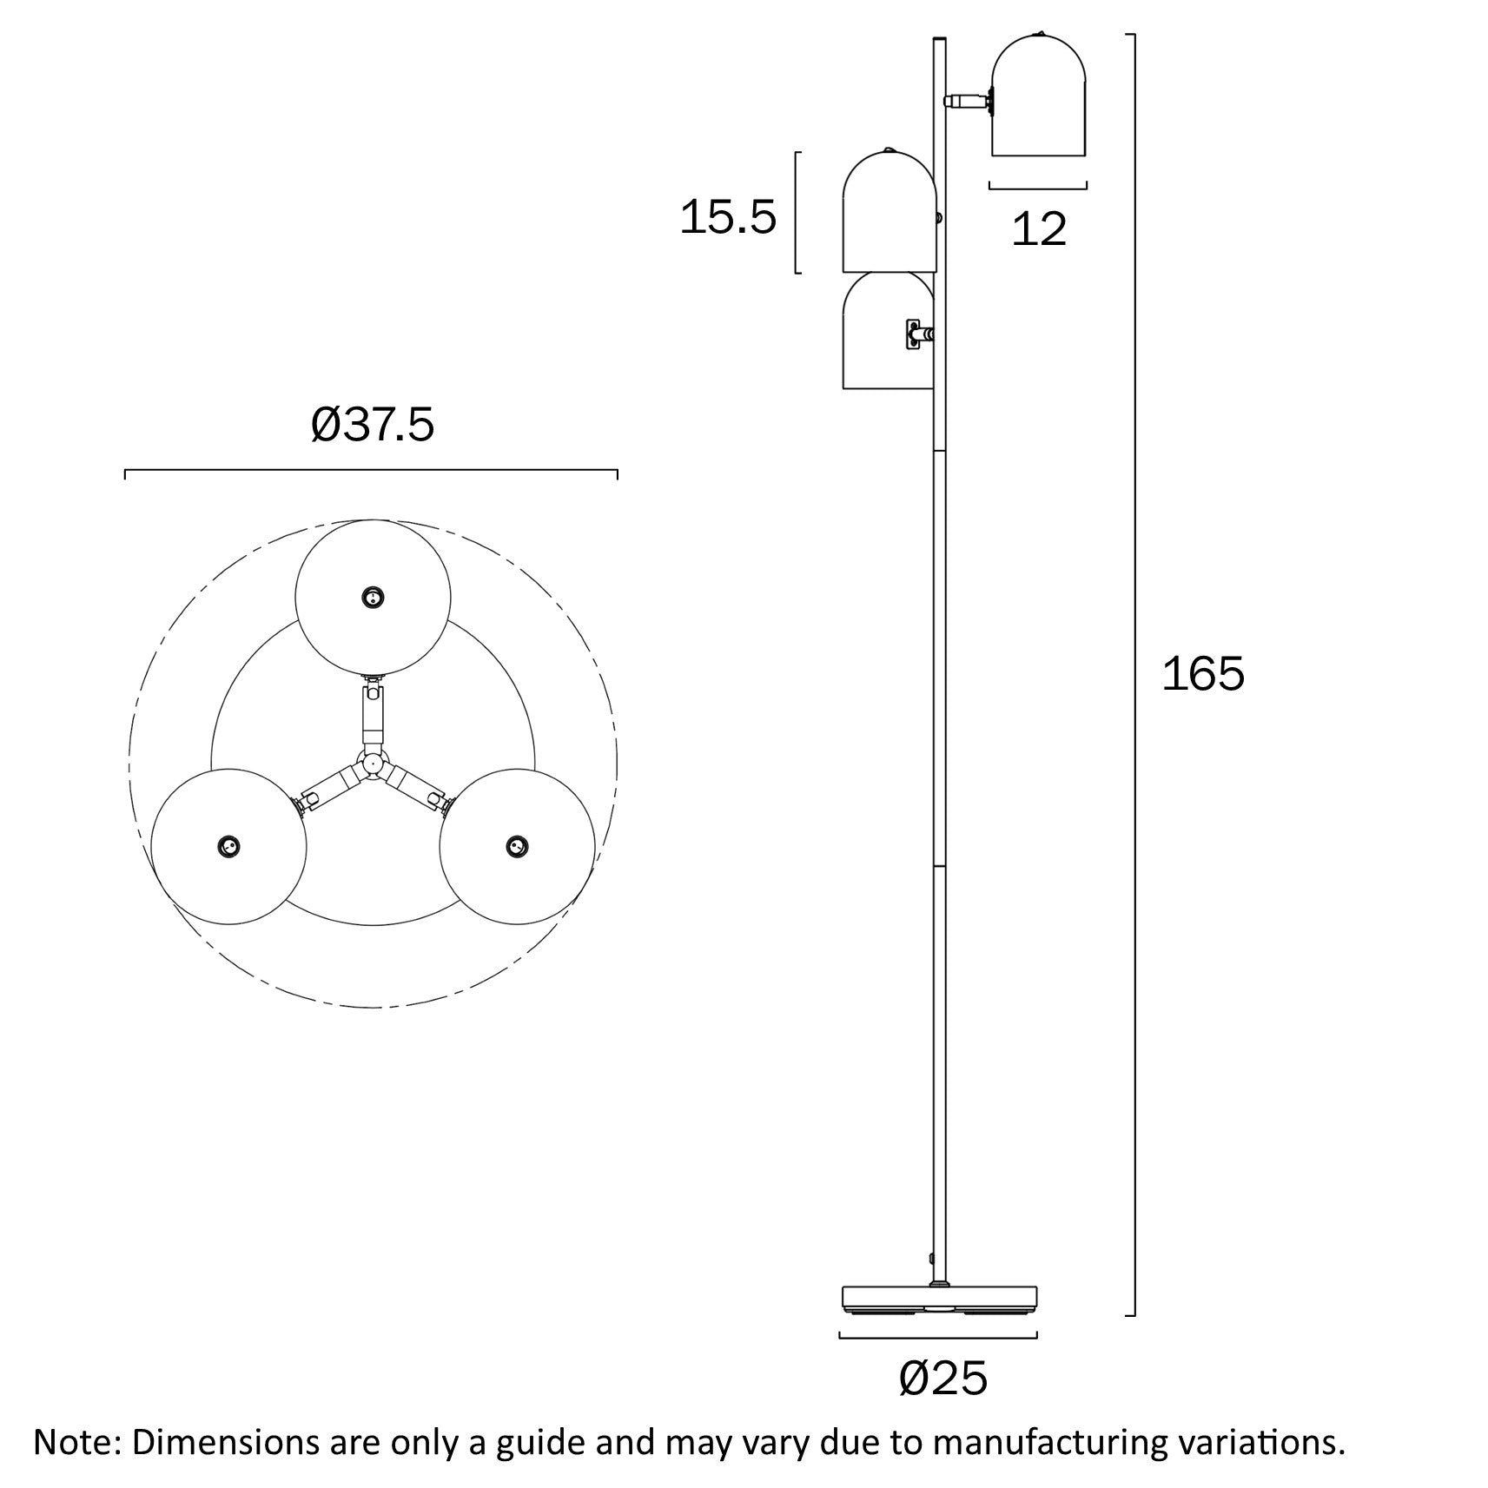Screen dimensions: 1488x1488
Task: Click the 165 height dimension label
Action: [x=1203, y=674]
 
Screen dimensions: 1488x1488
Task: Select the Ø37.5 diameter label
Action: [x=372, y=426]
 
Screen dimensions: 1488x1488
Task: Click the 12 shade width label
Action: [x=1039, y=229]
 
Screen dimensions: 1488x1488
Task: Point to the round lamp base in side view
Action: [x=941, y=1322]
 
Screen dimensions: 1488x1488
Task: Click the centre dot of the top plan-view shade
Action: [x=373, y=598]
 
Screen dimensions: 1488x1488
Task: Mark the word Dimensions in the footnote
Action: [x=225, y=1442]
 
